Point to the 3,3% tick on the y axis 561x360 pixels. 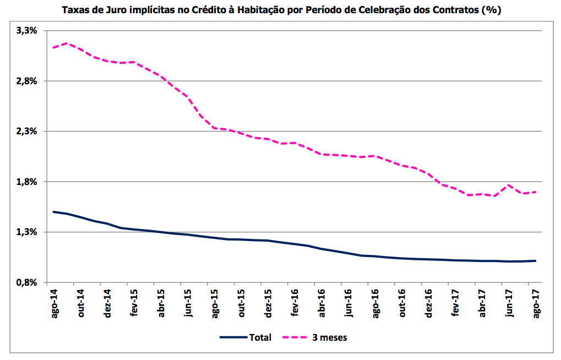tap(26, 31)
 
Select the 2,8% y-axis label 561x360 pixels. tap(26, 81)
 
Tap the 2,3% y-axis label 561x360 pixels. tap(26, 132)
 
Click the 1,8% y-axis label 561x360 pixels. tap(26, 182)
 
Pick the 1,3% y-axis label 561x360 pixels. tap(26, 232)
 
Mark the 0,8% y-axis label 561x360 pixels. tap(26, 282)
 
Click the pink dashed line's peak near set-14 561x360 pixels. tap(67, 43)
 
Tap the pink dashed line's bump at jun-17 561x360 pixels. tap(509, 185)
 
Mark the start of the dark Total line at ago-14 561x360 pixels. tap(53, 212)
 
